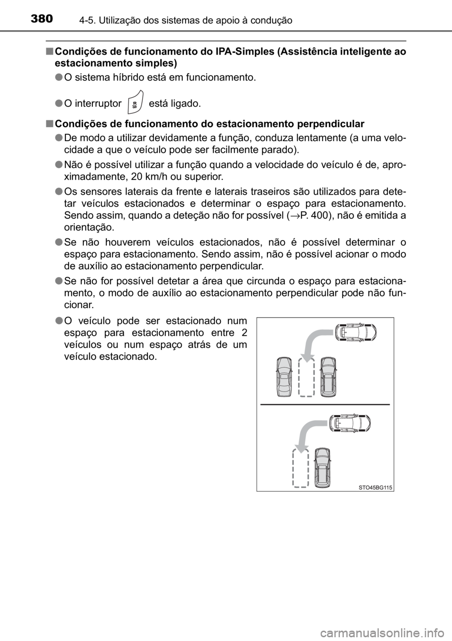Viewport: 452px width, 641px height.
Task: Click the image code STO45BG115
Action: click(x=375, y=488)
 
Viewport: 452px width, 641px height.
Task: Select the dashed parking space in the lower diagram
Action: click(x=300, y=468)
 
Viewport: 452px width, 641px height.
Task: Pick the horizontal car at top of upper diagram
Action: click(x=355, y=332)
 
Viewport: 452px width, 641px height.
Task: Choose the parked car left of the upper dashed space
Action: click(x=284, y=377)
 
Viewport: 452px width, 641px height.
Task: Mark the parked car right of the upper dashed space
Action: click(x=328, y=377)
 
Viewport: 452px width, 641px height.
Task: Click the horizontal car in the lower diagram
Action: click(x=349, y=423)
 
